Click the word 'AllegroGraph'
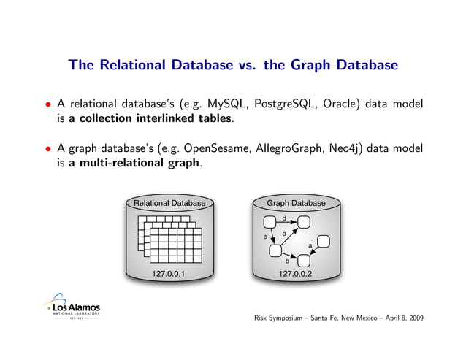(x=291, y=149)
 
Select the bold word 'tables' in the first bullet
(x=215, y=116)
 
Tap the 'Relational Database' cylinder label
(x=169, y=202)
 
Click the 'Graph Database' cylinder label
(x=295, y=202)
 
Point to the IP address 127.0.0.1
(x=169, y=274)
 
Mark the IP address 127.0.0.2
(x=295, y=274)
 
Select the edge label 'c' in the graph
(x=265, y=237)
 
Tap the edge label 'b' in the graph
(x=287, y=259)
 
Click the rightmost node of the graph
(x=324, y=241)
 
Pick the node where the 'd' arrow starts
(x=270, y=221)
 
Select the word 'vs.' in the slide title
(x=237, y=66)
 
